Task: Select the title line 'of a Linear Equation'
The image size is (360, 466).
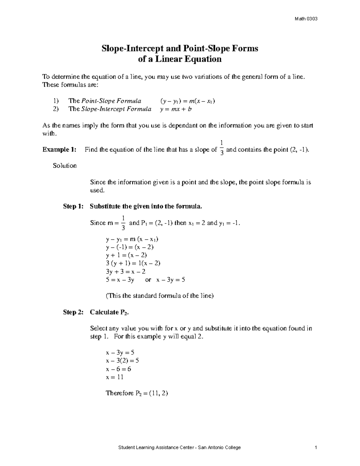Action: coord(179,59)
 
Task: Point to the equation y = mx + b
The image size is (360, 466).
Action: coord(176,109)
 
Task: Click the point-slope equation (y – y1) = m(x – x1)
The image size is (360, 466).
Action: coord(187,101)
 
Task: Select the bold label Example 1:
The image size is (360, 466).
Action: coord(59,149)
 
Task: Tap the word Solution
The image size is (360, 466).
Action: coord(65,166)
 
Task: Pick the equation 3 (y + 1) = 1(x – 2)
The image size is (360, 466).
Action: coord(133,263)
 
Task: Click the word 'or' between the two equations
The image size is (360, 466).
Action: coord(148,280)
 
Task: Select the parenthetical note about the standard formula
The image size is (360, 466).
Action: coord(160,296)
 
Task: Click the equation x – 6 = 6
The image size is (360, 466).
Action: coord(118,369)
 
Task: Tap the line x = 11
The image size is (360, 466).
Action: coord(115,377)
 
